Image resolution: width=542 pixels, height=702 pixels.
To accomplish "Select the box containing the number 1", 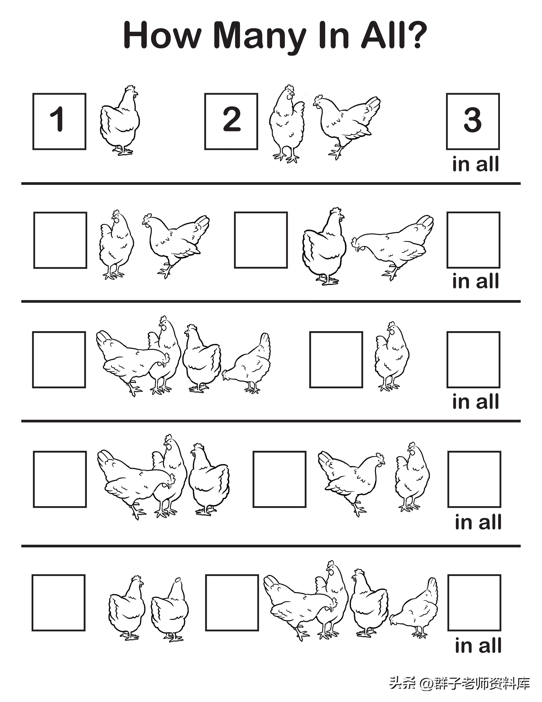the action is (59, 121).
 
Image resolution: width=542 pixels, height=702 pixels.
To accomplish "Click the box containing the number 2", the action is (231, 121).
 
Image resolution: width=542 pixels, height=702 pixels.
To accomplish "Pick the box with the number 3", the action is (473, 121).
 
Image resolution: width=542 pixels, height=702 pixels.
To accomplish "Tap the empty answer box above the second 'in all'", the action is (474, 240).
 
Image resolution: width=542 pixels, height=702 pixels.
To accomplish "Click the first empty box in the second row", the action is (60, 240).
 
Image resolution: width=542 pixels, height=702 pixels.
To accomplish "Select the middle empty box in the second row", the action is (261, 240).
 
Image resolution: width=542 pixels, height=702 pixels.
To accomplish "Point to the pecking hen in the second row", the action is (392, 247).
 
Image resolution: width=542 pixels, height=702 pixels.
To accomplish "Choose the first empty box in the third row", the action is (59, 360).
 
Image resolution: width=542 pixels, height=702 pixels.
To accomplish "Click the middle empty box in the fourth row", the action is (279, 479).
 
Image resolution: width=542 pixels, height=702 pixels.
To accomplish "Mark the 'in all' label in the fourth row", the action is (478, 522).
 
